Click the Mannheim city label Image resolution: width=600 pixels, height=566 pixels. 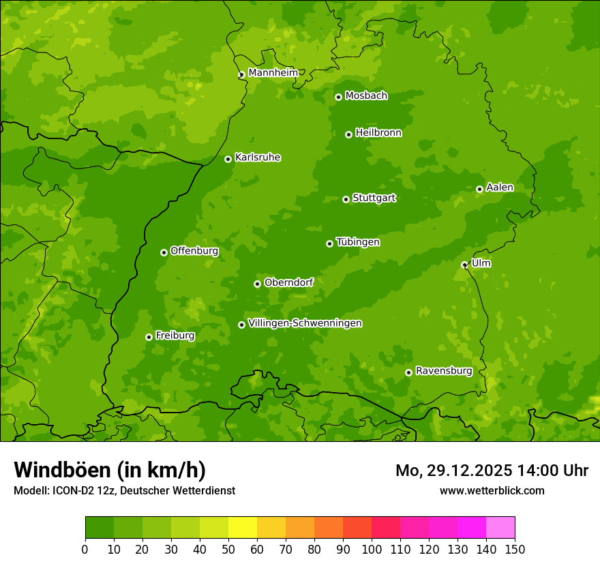[273, 72]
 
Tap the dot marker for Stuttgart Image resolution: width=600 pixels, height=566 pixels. [346, 199]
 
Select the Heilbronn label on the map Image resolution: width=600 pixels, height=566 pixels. [378, 132]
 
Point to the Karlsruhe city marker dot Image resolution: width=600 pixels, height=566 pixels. [228, 159]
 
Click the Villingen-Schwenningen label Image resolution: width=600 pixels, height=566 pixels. [305, 323]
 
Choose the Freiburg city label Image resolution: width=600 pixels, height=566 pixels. [175, 335]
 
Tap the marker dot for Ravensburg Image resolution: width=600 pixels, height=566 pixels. [408, 372]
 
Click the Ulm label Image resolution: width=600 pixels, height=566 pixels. [481, 263]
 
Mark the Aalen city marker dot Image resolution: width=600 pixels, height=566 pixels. [479, 189]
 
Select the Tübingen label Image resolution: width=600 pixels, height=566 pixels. [358, 241]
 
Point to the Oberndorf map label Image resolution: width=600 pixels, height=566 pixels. [288, 282]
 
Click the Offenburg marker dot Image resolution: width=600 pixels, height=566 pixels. [164, 252]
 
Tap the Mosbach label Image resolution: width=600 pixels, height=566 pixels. [366, 95]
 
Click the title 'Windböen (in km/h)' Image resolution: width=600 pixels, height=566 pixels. [109, 470]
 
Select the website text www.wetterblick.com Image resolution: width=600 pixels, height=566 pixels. [492, 490]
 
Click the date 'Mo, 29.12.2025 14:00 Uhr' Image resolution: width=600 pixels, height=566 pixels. [492, 471]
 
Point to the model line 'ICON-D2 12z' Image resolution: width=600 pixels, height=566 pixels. [124, 490]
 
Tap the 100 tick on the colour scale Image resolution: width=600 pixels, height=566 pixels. [372, 549]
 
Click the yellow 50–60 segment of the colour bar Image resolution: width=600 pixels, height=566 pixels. [243, 528]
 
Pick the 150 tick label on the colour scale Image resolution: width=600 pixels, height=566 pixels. [515, 549]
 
